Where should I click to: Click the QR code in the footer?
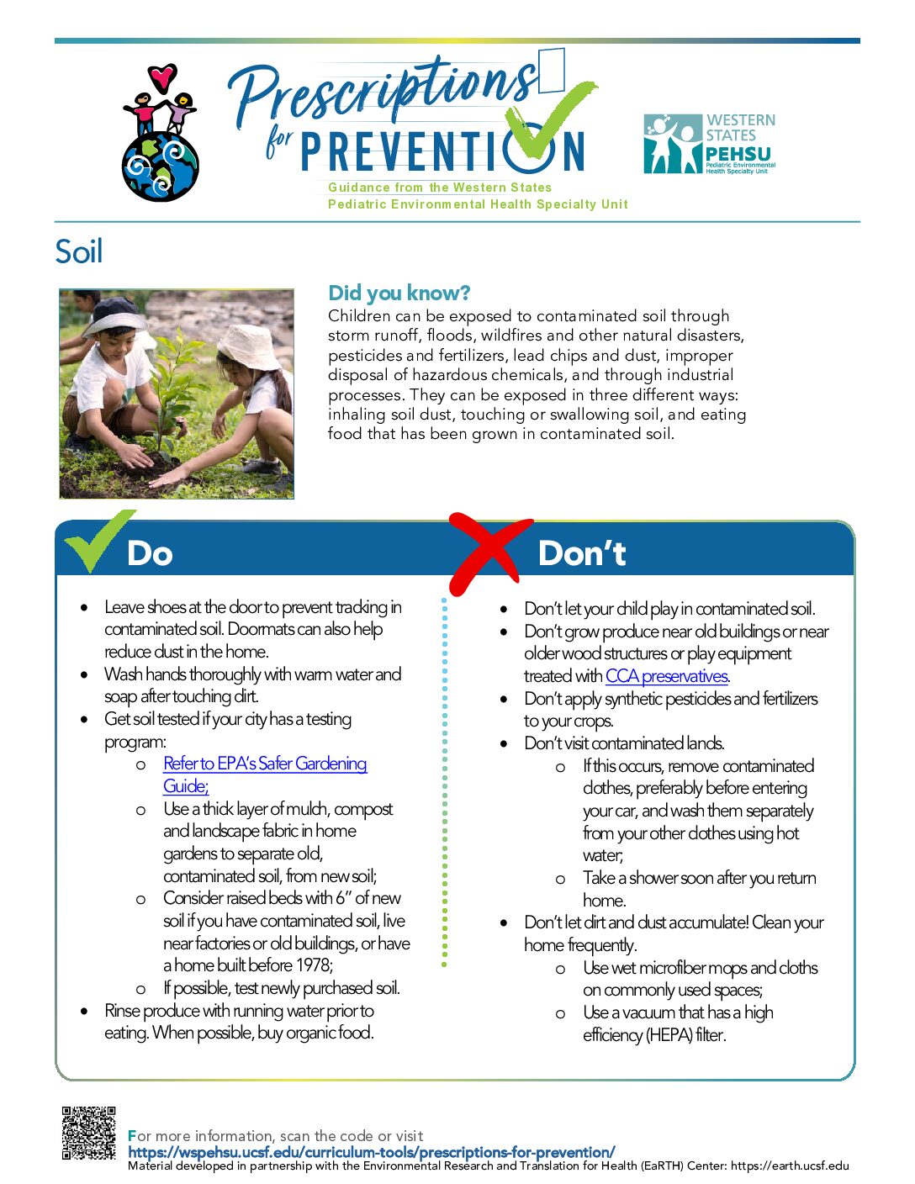88,1132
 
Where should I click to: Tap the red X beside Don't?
490,552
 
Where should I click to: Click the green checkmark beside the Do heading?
99,541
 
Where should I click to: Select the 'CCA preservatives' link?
667,675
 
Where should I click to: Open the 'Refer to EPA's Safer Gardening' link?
265,764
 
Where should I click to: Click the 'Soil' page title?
78,251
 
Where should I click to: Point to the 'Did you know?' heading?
399,293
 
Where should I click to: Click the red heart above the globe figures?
162,77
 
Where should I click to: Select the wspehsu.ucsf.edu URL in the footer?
372,1152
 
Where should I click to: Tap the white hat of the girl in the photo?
250,346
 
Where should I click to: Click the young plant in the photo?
168,393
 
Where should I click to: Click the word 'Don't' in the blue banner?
582,553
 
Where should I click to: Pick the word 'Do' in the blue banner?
150,553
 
